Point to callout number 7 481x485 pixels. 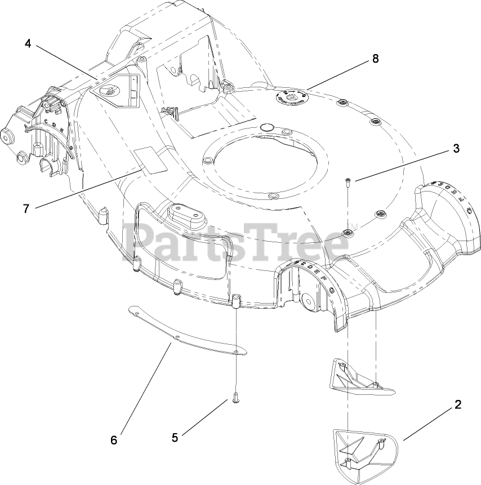tap(26, 208)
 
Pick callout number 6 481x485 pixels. tap(114, 440)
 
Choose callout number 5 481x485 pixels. tap(175, 437)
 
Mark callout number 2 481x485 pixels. tap(458, 404)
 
